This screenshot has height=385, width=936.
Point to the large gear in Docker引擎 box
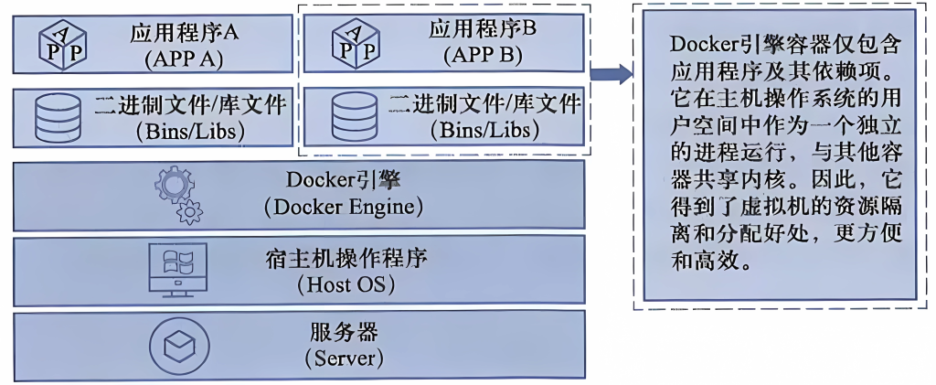(174, 185)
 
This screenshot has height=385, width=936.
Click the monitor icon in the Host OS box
(177, 268)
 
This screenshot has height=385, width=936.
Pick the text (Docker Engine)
(343, 208)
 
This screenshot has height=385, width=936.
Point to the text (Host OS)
(345, 284)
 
